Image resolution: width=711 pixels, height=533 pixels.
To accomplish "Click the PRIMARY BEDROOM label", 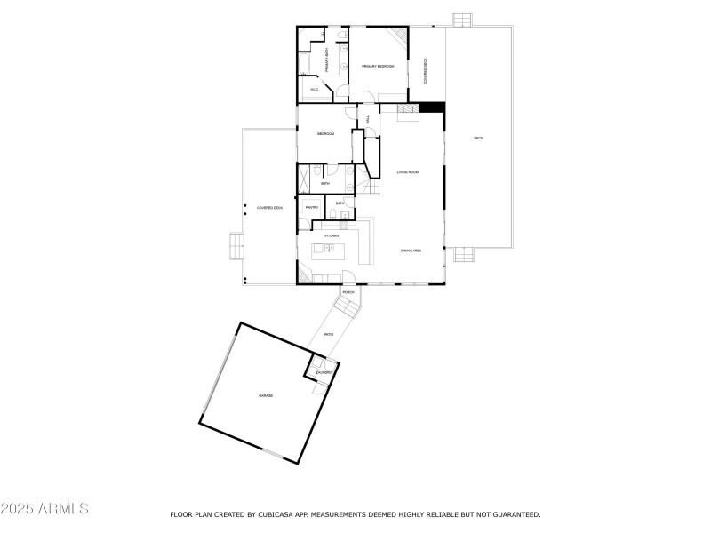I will coord(378,67).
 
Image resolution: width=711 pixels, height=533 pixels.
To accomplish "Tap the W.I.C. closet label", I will coord(315,90).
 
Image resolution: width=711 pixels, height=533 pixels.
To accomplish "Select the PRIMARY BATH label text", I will coord(327,61).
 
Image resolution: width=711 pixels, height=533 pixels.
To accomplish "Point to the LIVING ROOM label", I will coord(407,171).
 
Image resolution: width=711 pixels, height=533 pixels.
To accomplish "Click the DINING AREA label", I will coord(411,251).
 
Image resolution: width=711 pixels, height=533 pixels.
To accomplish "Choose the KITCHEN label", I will coord(331,235).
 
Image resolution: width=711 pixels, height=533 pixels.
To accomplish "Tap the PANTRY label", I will coord(312,207).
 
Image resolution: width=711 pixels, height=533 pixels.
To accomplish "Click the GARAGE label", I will coord(266,395).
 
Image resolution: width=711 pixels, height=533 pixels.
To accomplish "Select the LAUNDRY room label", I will coord(324,372).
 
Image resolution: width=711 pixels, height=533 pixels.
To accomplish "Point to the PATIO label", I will coord(328,334).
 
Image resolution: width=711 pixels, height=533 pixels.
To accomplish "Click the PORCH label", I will coord(348,292).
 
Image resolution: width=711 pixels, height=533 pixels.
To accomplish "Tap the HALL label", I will coord(367,119).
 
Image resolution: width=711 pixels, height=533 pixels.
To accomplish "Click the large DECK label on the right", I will coord(478,138).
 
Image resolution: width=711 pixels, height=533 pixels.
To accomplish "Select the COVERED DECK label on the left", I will coord(269,207).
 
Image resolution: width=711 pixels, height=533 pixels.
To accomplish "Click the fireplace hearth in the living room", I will coord(406,109).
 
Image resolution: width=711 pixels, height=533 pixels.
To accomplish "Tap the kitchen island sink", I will coord(329,249).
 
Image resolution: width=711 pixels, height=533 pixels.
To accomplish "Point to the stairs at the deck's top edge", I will coord(463,19).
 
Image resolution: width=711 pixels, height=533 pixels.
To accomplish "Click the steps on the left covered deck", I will coord(236,244).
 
